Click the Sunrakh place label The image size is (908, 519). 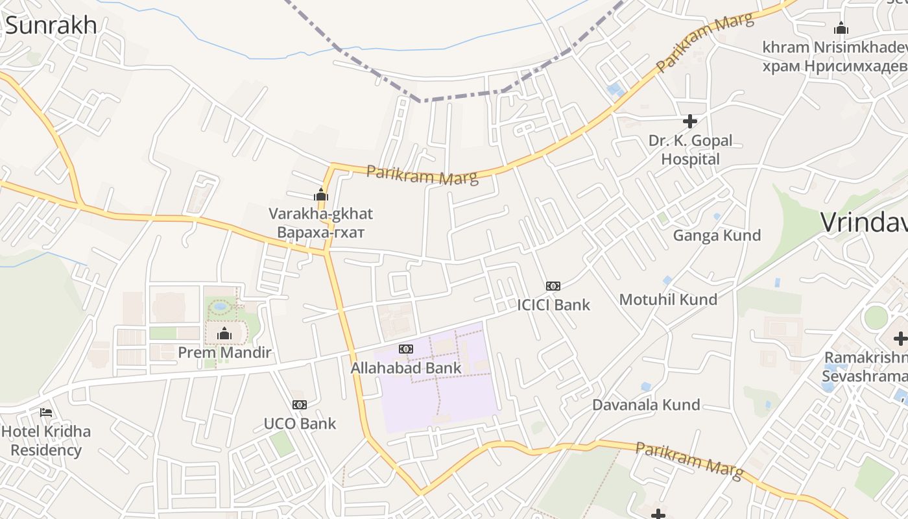51,25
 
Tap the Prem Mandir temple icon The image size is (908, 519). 224,334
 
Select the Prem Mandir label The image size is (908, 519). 224,353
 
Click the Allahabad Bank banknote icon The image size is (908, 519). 406,349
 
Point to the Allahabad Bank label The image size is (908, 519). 406,368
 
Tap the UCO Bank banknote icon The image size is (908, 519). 299,405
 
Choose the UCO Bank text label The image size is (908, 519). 300,424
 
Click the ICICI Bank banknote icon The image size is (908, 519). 553,285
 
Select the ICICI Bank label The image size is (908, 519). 553,304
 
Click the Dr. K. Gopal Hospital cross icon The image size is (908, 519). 690,121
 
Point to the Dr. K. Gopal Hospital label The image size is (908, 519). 690,150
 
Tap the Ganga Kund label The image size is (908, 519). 717,235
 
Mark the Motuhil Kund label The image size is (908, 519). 668,299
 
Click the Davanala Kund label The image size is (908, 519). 646,405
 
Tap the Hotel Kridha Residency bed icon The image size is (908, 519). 45,412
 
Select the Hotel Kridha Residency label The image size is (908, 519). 46,441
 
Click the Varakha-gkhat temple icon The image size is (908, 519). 321,195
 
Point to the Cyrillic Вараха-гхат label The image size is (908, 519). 321,232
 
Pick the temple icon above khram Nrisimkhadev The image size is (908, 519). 841,28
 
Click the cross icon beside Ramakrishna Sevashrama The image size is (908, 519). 900,338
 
